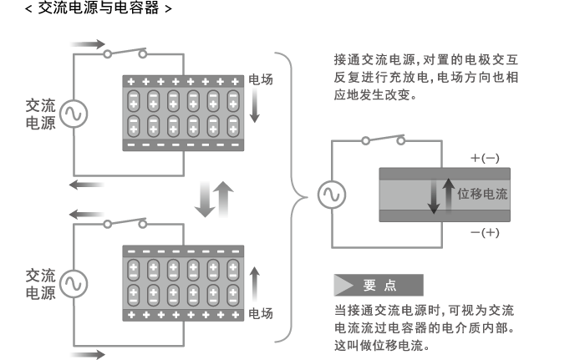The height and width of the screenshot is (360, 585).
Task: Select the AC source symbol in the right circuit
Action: coord(328,195)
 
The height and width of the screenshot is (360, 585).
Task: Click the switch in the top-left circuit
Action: coord(125,53)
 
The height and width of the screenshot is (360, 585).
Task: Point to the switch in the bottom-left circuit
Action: coord(125,223)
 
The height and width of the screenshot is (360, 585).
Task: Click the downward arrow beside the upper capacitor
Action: coord(255,108)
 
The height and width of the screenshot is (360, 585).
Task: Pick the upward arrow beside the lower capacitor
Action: coord(255,283)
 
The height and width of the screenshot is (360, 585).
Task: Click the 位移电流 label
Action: coord(483,195)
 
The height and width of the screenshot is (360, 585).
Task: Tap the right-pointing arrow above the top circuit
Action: coord(89,43)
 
